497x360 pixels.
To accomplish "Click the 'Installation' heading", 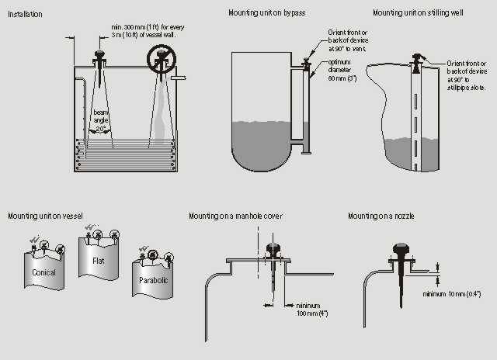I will coord(25,14).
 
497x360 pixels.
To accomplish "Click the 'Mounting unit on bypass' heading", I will coord(266,13).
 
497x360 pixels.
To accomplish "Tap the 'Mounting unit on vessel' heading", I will coord(45,214).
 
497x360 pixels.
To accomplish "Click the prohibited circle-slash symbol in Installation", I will coord(163,58).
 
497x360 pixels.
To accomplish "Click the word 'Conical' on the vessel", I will coord(44,272).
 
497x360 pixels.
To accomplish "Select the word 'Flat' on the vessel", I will coord(98,261).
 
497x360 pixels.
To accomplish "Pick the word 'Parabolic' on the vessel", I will coord(152,279).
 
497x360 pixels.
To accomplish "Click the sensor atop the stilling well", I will coord(418,61).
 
